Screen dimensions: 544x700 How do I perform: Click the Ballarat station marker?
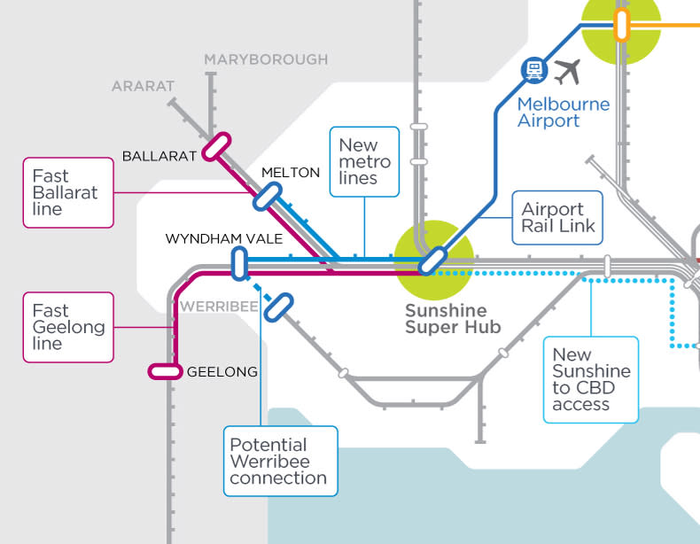click(x=216, y=146)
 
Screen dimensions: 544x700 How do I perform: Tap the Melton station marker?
click(x=267, y=196)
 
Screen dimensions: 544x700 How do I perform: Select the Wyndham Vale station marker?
click(x=238, y=263)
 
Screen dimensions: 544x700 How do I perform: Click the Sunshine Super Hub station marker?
click(x=432, y=260)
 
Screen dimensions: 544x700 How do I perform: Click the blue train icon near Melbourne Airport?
click(x=533, y=69)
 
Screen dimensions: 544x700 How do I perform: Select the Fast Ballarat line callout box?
click(x=68, y=192)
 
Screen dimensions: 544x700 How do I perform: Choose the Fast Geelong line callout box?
click(x=68, y=327)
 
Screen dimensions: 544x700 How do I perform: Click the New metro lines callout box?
click(x=364, y=160)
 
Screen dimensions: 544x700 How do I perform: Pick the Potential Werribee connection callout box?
click(x=279, y=461)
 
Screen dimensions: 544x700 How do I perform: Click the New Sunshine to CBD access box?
click(x=590, y=379)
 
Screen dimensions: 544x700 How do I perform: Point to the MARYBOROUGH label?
click(x=266, y=59)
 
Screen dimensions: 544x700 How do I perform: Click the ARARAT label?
click(x=144, y=86)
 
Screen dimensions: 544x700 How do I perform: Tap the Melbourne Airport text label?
click(x=564, y=112)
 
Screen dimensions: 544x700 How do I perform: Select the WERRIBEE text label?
click(x=218, y=307)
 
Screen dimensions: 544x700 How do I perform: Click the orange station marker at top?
click(x=621, y=25)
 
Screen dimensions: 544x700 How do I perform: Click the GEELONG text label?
click(x=222, y=372)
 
